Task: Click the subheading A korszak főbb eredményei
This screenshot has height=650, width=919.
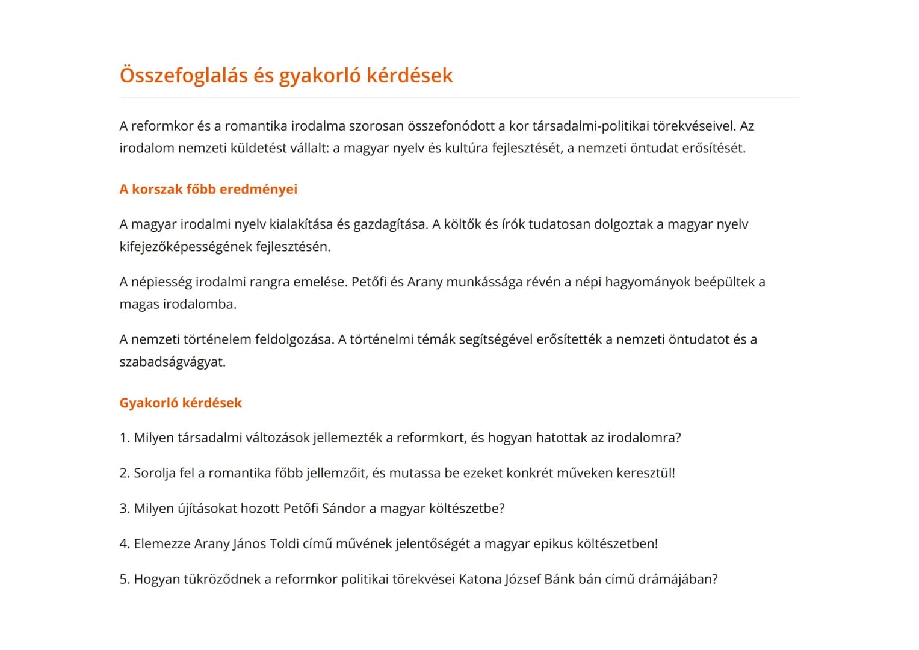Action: click(x=208, y=189)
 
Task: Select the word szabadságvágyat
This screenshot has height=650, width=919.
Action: click(x=172, y=362)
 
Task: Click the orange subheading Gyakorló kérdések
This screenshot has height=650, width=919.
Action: click(x=181, y=403)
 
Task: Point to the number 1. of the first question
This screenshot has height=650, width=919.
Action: click(x=125, y=438)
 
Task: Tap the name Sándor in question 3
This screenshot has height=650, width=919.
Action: click(x=344, y=509)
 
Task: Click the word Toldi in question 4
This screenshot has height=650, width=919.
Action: click(x=284, y=544)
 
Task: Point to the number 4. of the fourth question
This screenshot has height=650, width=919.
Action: click(x=125, y=544)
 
